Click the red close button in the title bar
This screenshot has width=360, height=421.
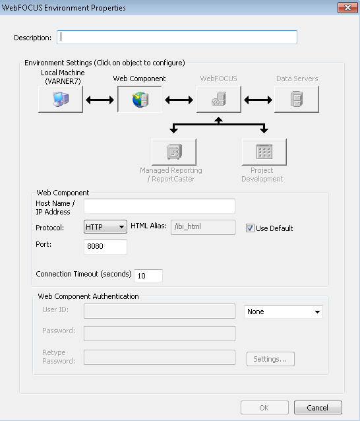(x=347, y=7)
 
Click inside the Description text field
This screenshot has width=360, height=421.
(x=177, y=38)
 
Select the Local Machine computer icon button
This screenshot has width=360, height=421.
(x=61, y=100)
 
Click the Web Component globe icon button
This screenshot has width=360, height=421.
(x=140, y=100)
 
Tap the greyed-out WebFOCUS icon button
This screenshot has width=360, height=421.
(x=219, y=100)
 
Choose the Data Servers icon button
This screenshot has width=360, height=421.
(x=297, y=100)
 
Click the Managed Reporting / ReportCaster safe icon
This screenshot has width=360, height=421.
(x=174, y=152)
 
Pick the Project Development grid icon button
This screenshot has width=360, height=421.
(x=264, y=152)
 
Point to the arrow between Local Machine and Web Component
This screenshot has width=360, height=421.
(x=100, y=100)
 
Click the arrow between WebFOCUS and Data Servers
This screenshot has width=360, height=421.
(x=258, y=100)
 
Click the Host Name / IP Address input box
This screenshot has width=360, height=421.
(x=160, y=206)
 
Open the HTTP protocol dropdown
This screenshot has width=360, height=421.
(x=105, y=227)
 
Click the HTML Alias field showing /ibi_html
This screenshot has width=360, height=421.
(x=203, y=227)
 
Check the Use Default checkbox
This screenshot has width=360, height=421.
(x=250, y=228)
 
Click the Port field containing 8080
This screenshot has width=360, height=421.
(x=105, y=247)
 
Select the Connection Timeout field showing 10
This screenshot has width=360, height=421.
(x=148, y=276)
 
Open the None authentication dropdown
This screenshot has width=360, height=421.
(x=284, y=311)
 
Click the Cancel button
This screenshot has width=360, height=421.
(x=318, y=408)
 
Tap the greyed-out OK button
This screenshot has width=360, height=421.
(x=264, y=408)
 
